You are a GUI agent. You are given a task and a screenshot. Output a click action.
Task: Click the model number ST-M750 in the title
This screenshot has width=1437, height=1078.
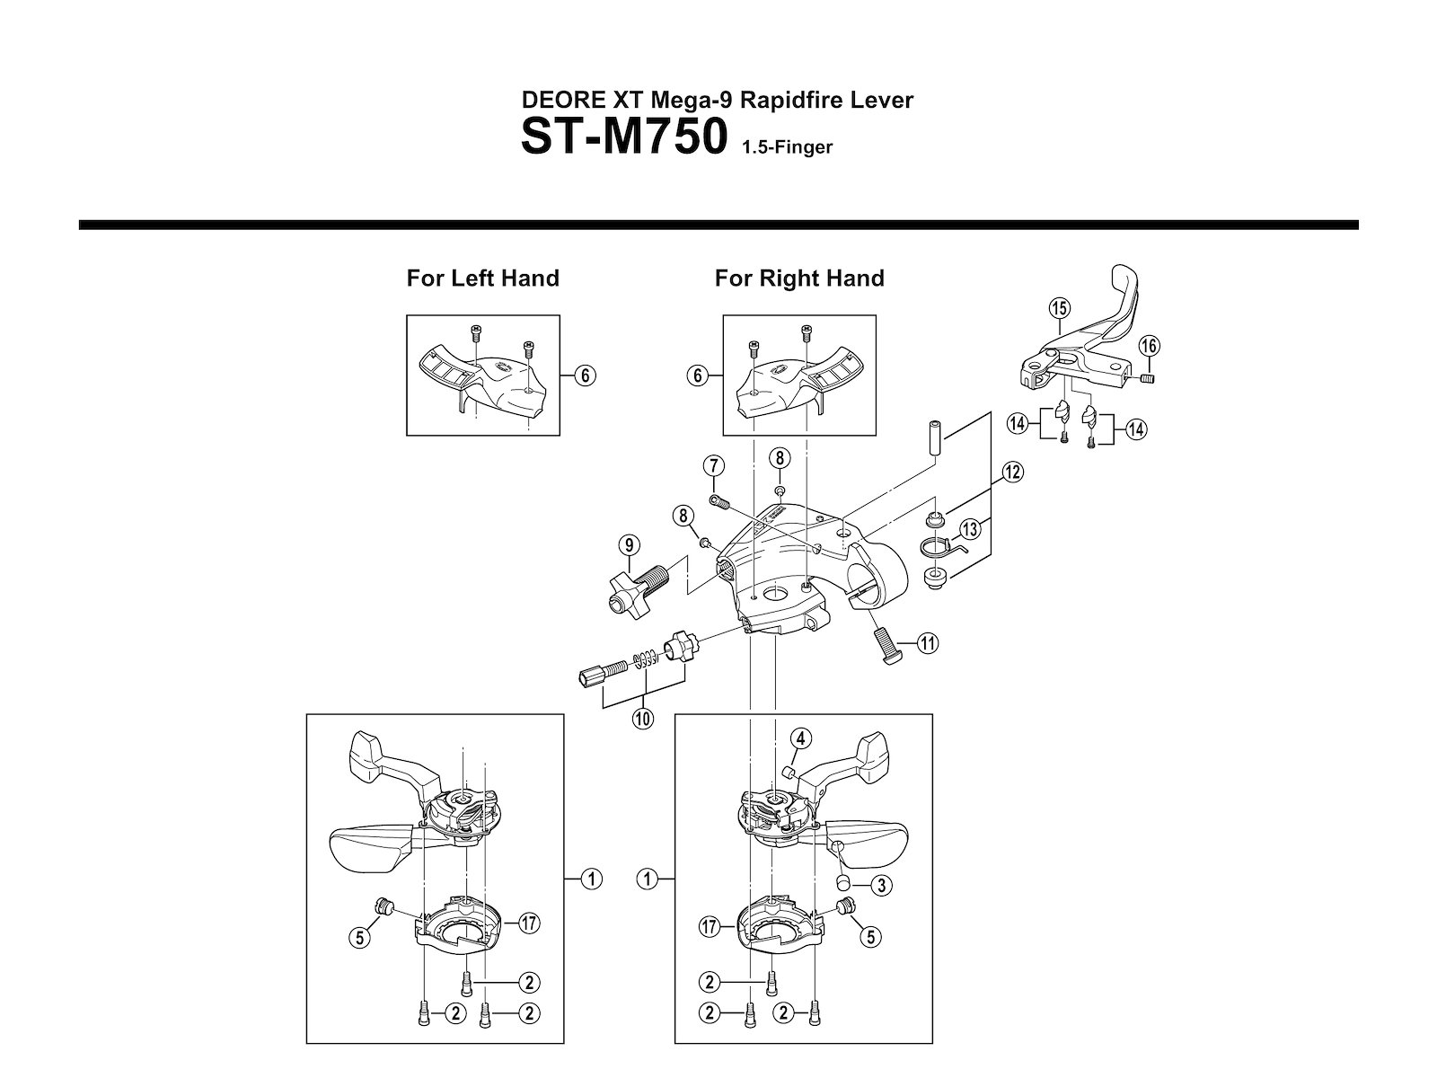pos(624,137)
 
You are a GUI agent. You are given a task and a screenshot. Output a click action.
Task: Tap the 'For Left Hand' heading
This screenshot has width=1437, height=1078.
pos(483,278)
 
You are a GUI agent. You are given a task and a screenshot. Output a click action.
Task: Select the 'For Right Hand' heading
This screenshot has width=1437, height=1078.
pos(799,278)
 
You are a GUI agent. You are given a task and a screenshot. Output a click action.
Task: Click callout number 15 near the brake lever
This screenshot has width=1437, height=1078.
pos(1059,307)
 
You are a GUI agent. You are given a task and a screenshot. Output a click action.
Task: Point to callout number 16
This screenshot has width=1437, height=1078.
pos(1150,346)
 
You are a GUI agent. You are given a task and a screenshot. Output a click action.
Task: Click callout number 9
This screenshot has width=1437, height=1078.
pos(630,545)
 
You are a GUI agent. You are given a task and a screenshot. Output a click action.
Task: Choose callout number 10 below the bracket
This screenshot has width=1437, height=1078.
pos(643,719)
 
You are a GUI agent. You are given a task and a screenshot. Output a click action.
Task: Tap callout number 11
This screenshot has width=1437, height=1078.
pos(928,643)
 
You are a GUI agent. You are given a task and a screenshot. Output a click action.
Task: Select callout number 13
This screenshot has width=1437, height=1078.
pos(970,529)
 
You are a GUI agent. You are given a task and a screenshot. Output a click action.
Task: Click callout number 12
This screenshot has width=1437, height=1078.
pos(1013,472)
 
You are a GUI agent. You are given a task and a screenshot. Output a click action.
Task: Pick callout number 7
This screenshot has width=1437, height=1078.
pos(714,466)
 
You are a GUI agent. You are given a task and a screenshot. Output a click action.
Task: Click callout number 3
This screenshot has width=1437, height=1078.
pos(881,886)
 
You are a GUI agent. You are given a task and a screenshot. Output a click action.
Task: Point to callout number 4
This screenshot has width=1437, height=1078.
pos(800,739)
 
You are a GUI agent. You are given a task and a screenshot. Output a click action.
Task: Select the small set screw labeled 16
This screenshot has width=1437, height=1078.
pos(1147,377)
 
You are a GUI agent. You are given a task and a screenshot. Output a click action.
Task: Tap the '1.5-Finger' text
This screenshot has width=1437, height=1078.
pos(787,147)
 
